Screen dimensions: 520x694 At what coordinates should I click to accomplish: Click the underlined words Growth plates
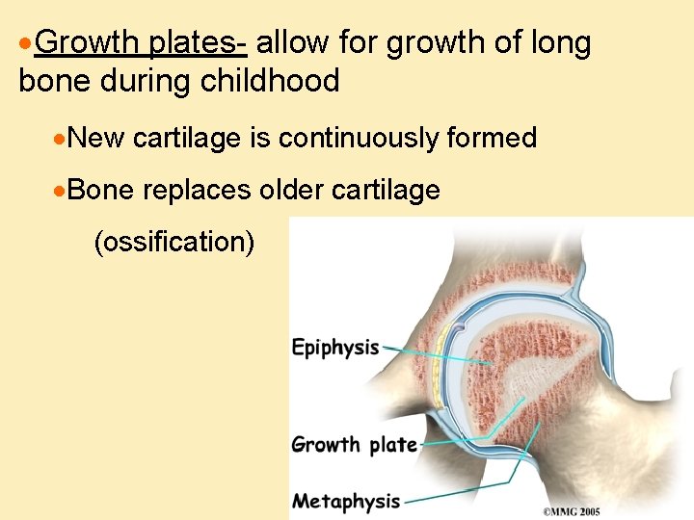pos(145,44)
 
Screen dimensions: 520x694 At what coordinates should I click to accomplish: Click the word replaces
pos(198,190)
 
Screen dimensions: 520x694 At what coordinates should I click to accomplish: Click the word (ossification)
pos(174,242)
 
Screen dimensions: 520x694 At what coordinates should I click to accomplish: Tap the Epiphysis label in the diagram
pos(335,348)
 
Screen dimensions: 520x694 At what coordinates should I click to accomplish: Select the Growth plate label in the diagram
pos(354,445)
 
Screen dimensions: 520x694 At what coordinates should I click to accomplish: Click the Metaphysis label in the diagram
pos(345,501)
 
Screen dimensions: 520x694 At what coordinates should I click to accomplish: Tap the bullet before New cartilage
pos(62,140)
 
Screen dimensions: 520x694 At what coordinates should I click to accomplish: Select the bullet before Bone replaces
pos(62,191)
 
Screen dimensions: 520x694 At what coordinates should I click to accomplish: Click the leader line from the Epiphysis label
pos(434,354)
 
